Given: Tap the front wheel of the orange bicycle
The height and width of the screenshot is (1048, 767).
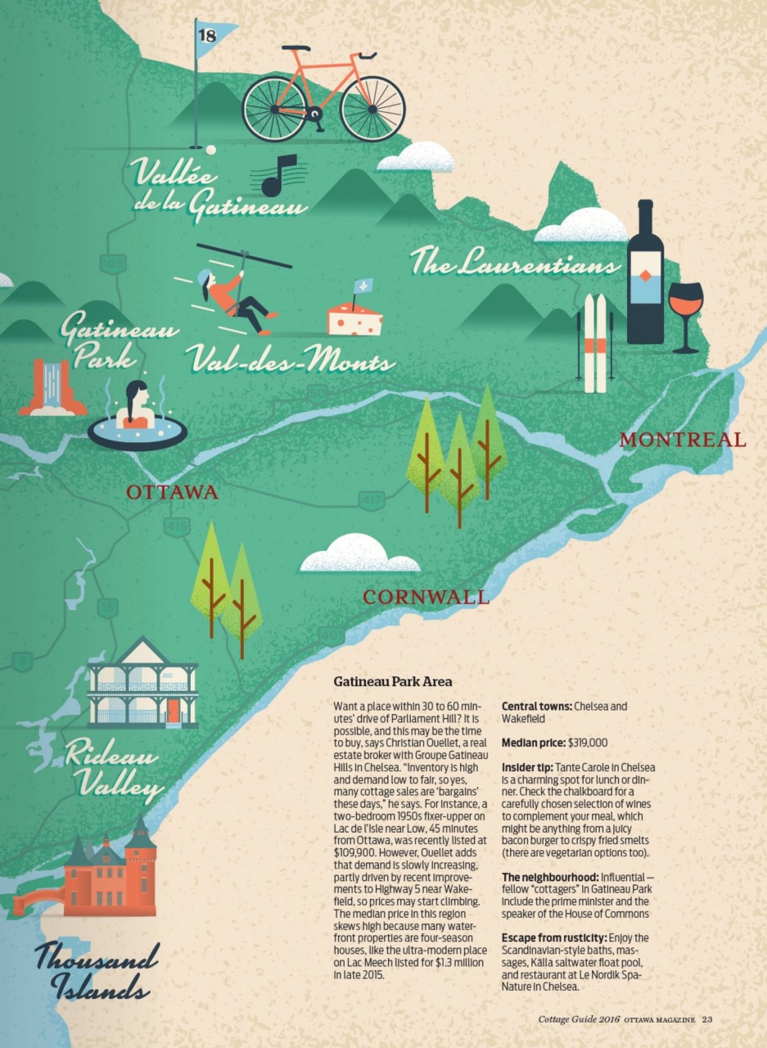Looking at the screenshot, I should (372, 109).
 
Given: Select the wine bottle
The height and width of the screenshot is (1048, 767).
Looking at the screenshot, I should (645, 274).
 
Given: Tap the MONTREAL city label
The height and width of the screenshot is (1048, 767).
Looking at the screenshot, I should (682, 440).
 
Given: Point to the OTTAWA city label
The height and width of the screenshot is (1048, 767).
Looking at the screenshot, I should (172, 492).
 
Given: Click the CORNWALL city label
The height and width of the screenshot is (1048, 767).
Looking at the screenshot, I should (426, 597).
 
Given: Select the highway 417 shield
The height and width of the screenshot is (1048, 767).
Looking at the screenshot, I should (372, 498).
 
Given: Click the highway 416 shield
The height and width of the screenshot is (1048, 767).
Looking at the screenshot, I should (177, 526).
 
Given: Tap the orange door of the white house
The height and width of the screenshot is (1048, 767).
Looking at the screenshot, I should (173, 708).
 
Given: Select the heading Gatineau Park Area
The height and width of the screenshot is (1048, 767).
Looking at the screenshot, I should (392, 681).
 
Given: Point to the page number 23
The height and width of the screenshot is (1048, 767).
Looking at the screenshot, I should (707, 1019).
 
